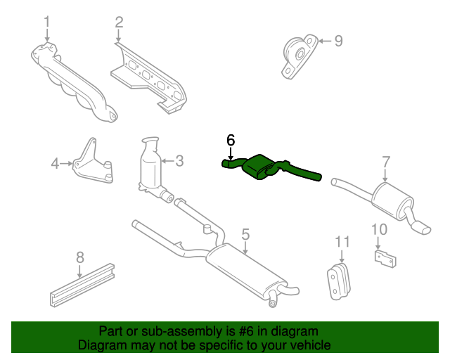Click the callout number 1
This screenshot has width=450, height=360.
pos(47,22)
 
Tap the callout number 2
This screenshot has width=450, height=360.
pos(119,22)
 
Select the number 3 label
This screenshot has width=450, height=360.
pos(179,161)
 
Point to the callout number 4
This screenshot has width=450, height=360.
pos(55,164)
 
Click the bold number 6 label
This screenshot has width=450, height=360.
pos(231,140)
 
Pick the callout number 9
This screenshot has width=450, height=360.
pos(339,41)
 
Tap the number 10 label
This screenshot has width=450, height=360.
pos(379,229)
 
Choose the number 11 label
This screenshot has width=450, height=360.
pos(342,242)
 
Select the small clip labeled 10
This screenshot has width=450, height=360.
pos(385,259)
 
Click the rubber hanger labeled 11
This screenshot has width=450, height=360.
pos(339,281)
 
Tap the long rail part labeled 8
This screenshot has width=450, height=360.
pos(82,285)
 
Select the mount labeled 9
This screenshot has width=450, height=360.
pos(300,56)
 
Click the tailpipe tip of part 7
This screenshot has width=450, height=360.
pos(422,228)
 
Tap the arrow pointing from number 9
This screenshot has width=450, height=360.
pos(325,41)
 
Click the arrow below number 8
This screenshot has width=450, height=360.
pos(79,271)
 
